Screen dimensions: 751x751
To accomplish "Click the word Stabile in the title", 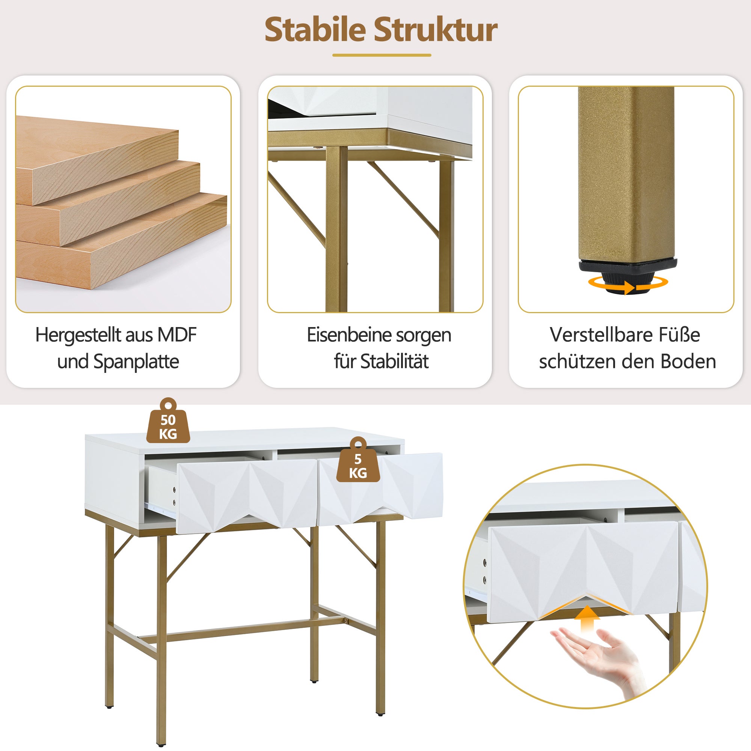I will pos(315,30).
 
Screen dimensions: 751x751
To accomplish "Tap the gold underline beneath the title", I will pos(382,55).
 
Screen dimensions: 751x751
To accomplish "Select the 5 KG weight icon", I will pos(357,462).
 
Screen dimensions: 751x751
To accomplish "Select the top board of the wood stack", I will pos(97,155).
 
